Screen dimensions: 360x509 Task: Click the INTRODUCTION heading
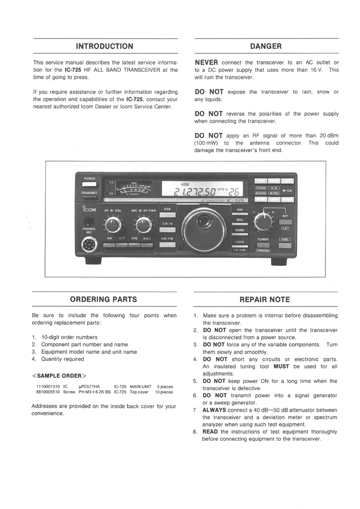tap(105, 46)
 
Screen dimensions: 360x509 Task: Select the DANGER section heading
tap(266, 46)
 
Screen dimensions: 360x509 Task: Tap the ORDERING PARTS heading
tap(103, 299)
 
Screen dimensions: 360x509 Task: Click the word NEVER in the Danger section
tap(206, 63)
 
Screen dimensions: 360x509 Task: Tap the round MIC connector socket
tap(88, 245)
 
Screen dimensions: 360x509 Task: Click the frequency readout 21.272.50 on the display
tap(192, 193)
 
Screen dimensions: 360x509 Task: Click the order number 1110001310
tap(47, 387)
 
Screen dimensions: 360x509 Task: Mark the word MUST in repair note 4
tap(281, 367)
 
